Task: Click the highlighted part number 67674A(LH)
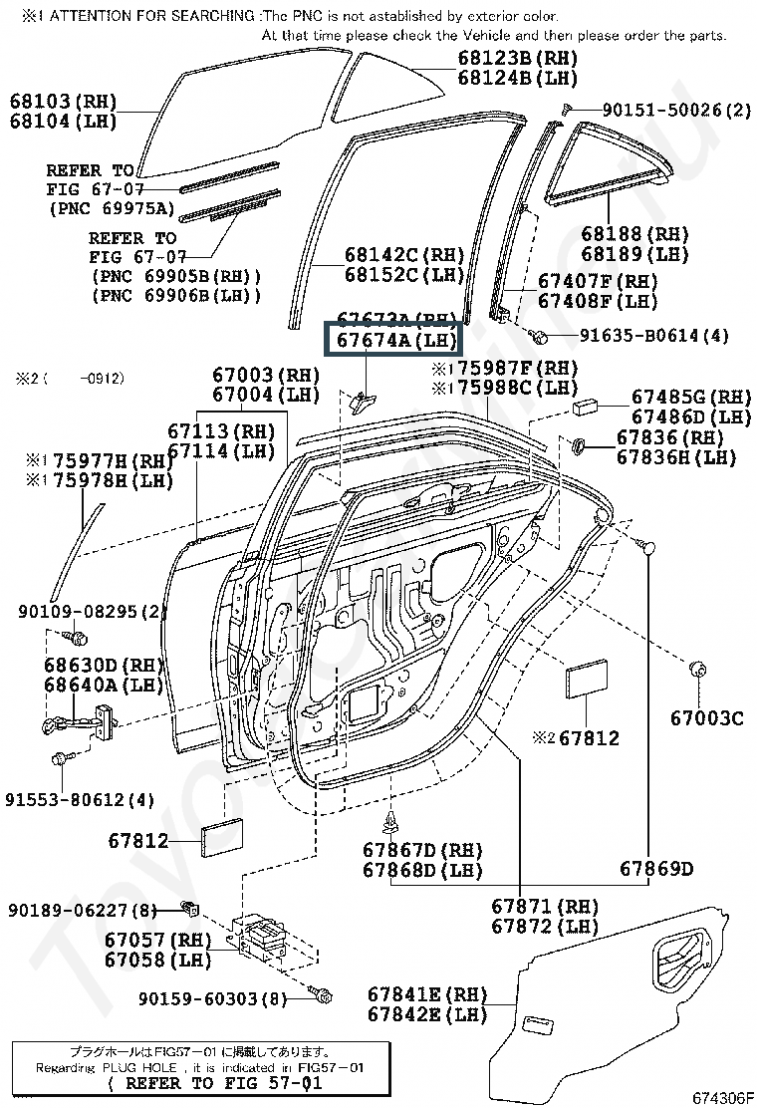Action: [x=394, y=341]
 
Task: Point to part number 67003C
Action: [x=706, y=717]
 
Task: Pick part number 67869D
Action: [x=655, y=869]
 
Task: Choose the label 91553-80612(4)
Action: [x=80, y=799]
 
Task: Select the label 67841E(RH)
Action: [x=426, y=994]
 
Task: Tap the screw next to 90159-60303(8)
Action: [x=323, y=995]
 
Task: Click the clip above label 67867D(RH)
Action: [x=391, y=820]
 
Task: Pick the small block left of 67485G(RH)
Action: [x=586, y=407]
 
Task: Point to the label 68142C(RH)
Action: [x=405, y=255]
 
